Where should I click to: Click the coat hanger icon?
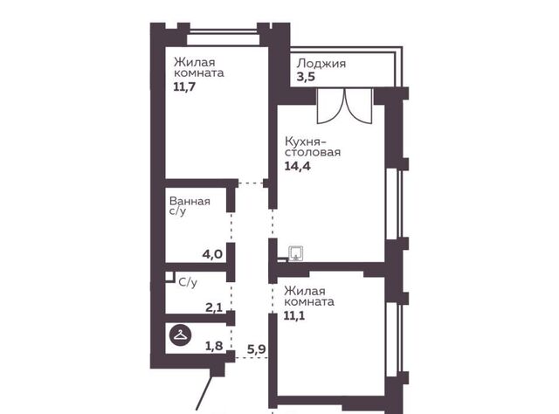point(180,335)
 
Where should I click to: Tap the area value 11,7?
point(184,87)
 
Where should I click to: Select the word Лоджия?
point(321,64)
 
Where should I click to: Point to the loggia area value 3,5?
point(306,77)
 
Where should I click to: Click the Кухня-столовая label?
point(313,147)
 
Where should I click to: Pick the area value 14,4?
point(297,166)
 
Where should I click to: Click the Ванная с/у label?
point(190,206)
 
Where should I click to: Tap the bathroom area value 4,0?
point(212,255)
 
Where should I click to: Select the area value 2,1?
point(214,307)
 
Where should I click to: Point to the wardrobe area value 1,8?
point(214,346)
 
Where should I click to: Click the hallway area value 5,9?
point(257,349)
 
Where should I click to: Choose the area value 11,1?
point(294,316)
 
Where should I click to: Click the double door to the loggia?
point(344,106)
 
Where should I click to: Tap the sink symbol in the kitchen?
point(296,253)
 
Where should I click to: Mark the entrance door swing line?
point(204,394)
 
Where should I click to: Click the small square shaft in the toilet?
point(169,278)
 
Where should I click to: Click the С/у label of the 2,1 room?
point(188,283)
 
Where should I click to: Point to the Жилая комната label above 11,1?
point(308,296)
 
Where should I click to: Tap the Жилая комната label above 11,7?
point(198,68)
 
